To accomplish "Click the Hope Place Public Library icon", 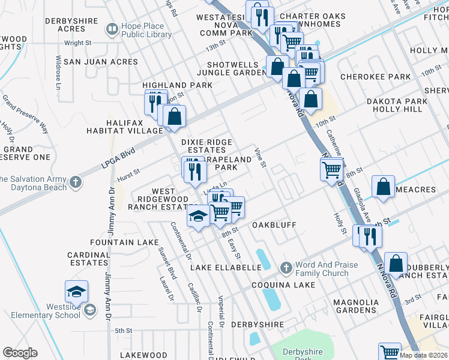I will pos(112,28).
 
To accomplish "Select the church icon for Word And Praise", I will pos(286,266).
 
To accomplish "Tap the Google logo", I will pos(20,353).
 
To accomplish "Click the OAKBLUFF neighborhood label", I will pos(276,225).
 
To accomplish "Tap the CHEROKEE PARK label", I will pos(375,77).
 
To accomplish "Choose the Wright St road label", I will pos(77,43).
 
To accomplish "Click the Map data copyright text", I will pos(423,355).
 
